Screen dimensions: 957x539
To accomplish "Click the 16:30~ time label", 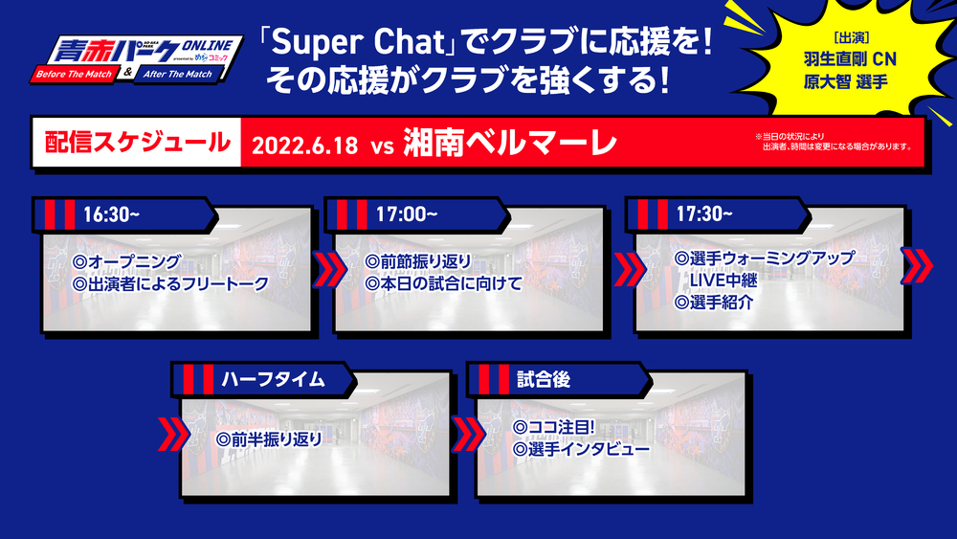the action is point(111,214).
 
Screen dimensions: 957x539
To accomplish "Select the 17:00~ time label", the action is point(407,214).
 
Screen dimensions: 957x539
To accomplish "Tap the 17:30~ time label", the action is point(703,213).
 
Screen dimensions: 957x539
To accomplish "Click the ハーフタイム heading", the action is point(273,380).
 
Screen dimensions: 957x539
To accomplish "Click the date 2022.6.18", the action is point(304,146).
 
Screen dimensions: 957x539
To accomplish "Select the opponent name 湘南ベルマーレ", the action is point(510,143).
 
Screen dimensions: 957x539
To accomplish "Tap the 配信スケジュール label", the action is point(137,143).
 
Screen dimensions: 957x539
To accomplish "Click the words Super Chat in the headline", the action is point(358,42).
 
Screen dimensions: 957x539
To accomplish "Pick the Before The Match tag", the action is point(75,75).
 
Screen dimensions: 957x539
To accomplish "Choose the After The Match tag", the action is point(178,75).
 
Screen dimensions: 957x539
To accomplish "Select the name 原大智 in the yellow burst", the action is point(827,81).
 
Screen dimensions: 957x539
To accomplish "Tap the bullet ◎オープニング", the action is point(126,262).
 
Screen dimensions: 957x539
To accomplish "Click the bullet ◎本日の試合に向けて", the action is point(444,283).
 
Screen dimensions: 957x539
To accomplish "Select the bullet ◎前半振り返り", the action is point(269,438).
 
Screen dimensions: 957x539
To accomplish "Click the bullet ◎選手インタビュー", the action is point(581,449).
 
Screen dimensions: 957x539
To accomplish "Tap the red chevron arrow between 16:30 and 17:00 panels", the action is point(328,269).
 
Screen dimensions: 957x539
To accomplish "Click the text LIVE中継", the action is point(723,281).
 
